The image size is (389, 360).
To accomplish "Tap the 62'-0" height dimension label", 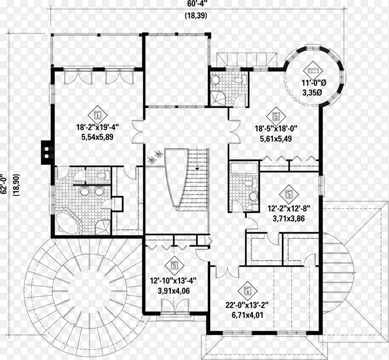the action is tap(3, 184).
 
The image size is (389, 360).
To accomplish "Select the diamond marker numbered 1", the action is tap(98, 115).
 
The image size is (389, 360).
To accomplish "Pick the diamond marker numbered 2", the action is tap(276, 116).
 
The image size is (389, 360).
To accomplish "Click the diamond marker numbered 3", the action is tap(288, 194).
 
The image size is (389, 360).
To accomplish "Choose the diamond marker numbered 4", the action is tap(248, 291).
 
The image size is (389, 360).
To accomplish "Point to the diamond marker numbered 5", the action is tap(174, 266).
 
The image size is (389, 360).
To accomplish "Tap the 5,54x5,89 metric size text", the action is tap(98, 137).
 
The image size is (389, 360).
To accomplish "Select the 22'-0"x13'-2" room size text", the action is tap(247, 305).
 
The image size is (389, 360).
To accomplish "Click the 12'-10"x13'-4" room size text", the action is tap(174, 281).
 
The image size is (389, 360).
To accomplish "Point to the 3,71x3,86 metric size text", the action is tap(289, 218).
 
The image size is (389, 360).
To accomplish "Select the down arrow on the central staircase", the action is tap(197, 169).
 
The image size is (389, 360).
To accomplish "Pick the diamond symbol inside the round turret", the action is tap(313, 71).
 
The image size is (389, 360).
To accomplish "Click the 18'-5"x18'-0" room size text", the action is tap(276, 128).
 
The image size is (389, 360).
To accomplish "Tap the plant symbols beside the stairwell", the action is tap(155, 157).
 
